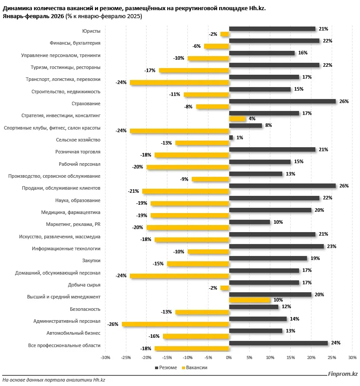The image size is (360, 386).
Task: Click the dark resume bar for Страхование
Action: click(x=282, y=101)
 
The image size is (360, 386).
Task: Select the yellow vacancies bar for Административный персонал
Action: click(x=175, y=324)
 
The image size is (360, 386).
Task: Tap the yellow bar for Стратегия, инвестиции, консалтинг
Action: click(x=237, y=118)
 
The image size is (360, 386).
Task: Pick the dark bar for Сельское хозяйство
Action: click(x=231, y=138)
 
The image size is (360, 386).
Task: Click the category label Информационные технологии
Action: click(x=66, y=249)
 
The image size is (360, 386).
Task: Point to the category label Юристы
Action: click(x=91, y=31)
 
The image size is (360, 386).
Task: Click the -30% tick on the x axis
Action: click(x=105, y=358)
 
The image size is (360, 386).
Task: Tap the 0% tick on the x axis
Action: click(x=229, y=358)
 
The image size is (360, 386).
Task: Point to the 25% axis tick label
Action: click(x=332, y=358)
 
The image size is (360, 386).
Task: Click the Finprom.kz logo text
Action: click(x=342, y=374)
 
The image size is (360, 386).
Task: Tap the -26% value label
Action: click(x=113, y=324)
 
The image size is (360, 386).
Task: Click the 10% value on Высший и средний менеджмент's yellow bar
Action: click(x=278, y=300)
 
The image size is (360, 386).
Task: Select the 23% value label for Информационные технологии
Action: click(x=332, y=246)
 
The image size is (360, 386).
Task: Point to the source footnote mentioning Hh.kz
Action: click(x=53, y=380)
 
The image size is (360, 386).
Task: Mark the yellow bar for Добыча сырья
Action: click(x=224, y=288)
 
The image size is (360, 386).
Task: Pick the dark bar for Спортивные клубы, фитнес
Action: click(x=246, y=126)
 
